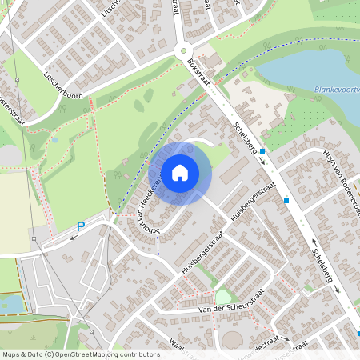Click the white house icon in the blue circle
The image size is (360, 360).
tap(180, 172)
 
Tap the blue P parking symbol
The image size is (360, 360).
tap(79, 227)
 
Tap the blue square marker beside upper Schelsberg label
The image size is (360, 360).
tap(262, 150)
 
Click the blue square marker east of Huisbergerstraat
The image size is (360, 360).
tap(286, 201)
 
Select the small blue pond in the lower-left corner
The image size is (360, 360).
tap(11, 303)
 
